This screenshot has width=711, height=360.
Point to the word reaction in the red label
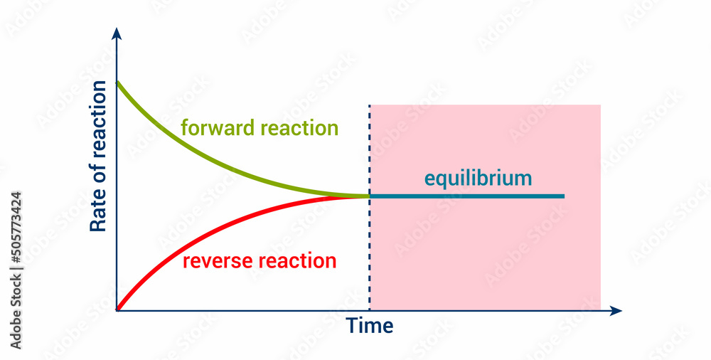pyautogui.click(x=298, y=261)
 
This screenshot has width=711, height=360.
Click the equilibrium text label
pyautogui.click(x=478, y=178)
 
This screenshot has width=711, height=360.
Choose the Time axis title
pyautogui.click(x=370, y=326)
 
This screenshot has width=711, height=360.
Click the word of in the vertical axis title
pyautogui.click(x=99, y=177)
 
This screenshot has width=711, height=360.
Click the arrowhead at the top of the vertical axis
pyautogui.click(x=117, y=33)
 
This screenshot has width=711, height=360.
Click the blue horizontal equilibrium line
pyautogui.click(x=469, y=196)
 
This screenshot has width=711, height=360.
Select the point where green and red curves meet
pyautogui.click(x=368, y=196)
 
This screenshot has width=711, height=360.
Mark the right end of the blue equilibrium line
pyautogui.click(x=563, y=196)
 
